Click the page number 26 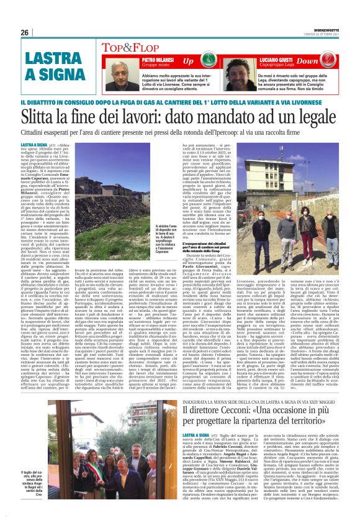25,32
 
